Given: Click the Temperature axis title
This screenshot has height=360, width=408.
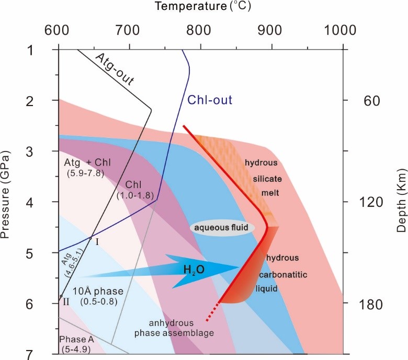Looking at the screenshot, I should (200, 7).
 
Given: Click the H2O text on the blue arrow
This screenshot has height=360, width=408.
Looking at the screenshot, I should (194, 270).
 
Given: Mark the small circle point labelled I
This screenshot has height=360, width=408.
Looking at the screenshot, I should (90, 238).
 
